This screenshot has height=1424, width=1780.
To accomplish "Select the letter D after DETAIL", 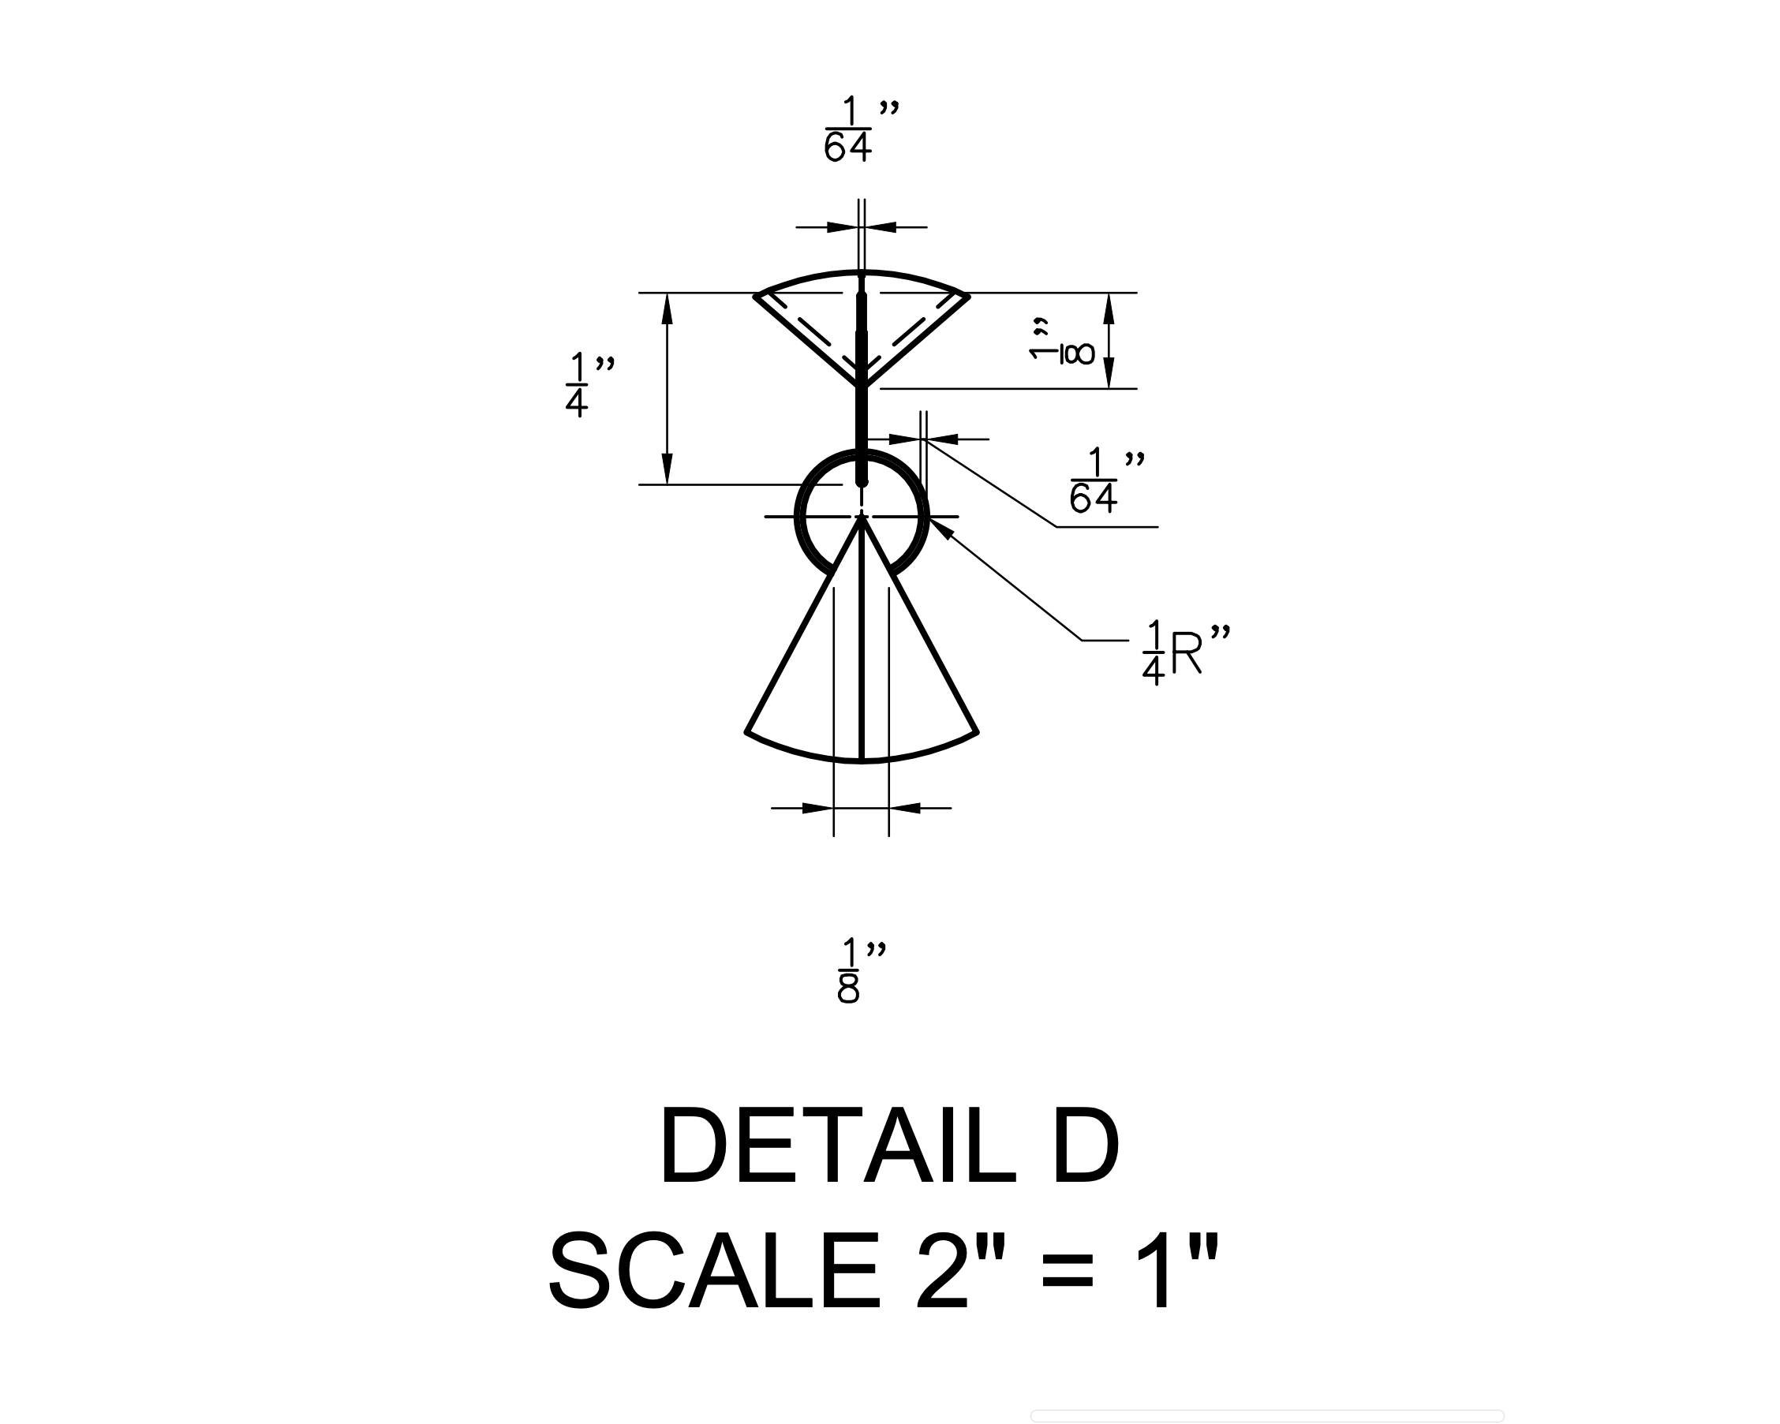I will pos(1085,1149).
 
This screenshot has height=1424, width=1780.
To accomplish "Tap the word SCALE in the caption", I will pos(713,1271).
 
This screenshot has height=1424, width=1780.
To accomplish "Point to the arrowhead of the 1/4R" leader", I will pos(940,528).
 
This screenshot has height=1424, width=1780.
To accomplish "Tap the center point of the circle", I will pos(861,517).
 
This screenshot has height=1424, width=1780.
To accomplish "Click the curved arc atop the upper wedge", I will pos(861,272).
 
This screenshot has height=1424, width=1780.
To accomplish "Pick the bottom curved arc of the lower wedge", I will pos(861,759).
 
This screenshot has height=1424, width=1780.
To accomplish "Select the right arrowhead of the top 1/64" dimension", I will pos(880,227).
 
